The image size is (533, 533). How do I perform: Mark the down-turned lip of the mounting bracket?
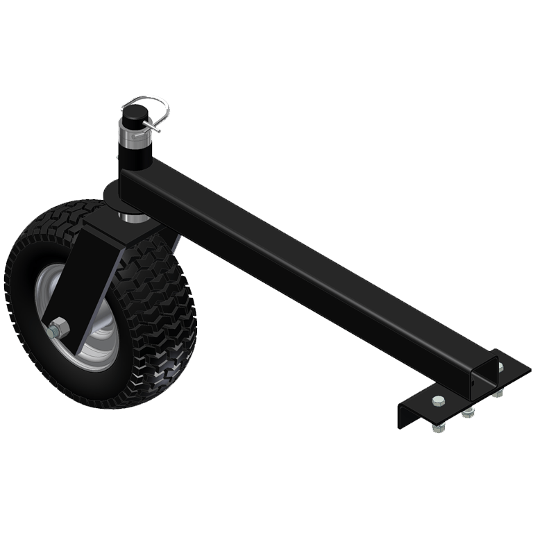tap(403, 415)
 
